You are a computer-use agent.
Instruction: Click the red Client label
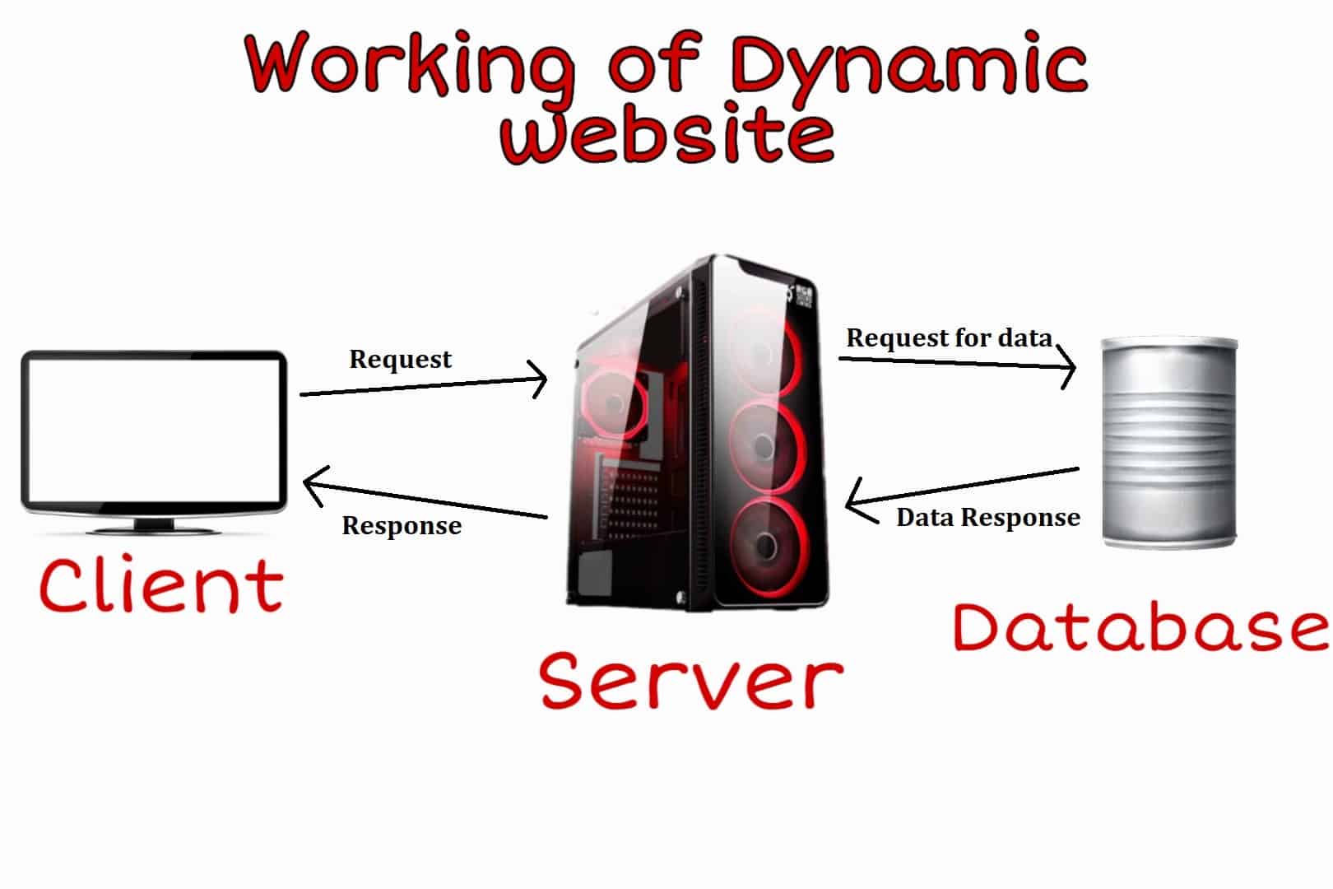(x=161, y=584)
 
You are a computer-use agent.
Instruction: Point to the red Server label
(x=691, y=680)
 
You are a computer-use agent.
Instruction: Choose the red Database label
(x=1141, y=627)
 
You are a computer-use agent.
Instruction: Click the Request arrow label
(x=400, y=360)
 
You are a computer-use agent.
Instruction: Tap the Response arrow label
(x=402, y=526)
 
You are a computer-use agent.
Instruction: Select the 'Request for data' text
(x=950, y=337)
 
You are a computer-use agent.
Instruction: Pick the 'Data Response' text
(x=988, y=518)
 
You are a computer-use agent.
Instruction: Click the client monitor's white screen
(x=154, y=430)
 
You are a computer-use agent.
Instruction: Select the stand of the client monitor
(x=154, y=526)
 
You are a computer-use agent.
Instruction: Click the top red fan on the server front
(x=764, y=351)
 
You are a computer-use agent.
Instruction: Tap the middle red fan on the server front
(x=767, y=447)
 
